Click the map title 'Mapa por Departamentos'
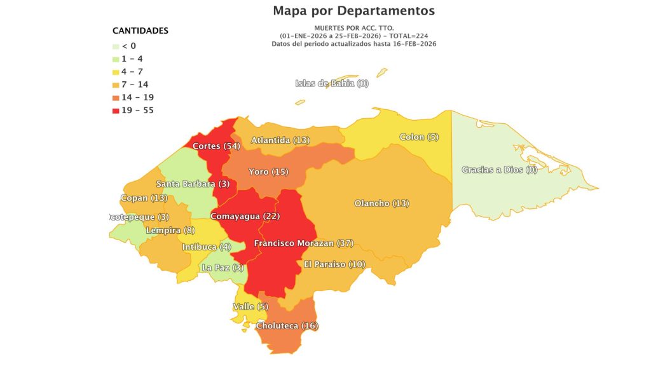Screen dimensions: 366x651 click(x=353, y=11)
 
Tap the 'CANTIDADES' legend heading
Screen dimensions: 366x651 click(x=140, y=30)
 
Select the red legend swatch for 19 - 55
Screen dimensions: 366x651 click(x=116, y=111)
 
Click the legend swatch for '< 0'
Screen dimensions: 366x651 click(x=116, y=46)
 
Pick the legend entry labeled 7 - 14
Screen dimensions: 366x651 click(x=134, y=85)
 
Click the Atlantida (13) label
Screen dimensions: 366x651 click(x=280, y=140)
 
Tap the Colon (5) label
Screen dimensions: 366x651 click(x=419, y=137)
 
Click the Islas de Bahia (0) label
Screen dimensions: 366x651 click(x=332, y=83)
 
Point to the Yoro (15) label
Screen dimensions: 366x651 click(x=268, y=172)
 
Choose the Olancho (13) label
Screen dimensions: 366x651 click(x=381, y=203)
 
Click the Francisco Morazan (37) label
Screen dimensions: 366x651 click(x=303, y=243)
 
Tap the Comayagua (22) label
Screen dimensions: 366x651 click(x=245, y=216)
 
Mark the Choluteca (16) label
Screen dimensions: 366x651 click(x=287, y=326)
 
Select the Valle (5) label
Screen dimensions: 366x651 click(x=250, y=307)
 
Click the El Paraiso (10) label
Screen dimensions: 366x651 click(x=334, y=264)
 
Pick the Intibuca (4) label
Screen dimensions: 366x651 click(x=206, y=247)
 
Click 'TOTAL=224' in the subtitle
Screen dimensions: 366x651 click(x=414, y=36)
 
